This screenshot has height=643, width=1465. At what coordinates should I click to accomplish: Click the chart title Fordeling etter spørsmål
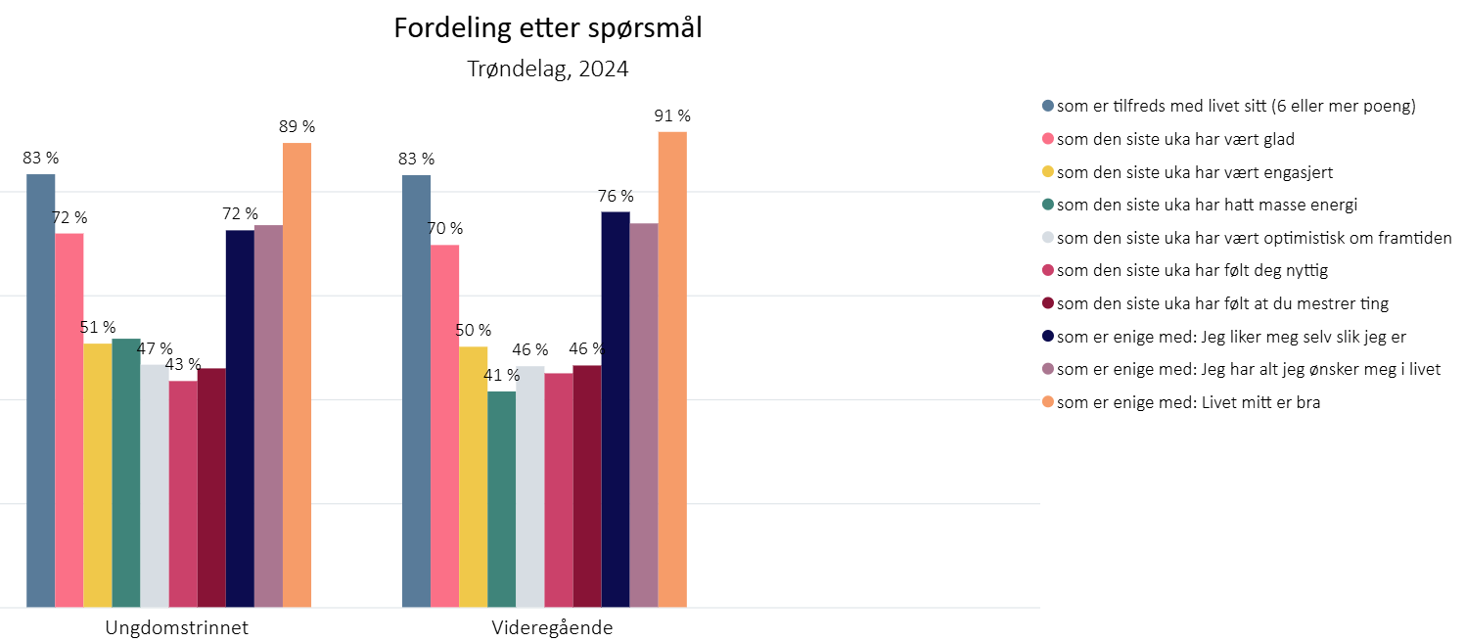pos(547,28)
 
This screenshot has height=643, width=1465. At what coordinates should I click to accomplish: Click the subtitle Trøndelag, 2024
pos(547,69)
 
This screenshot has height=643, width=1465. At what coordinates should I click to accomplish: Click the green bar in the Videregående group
pos(501,499)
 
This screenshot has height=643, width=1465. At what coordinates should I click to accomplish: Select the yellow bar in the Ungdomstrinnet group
pos(97,475)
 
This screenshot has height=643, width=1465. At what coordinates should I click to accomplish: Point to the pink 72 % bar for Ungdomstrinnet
pos(69,420)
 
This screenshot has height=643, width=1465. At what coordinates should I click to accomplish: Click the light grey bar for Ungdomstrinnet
pos(155,485)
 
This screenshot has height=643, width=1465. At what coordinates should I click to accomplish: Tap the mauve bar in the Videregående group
pos(644,415)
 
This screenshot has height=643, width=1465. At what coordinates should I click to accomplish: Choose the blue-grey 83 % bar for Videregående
pos(416,390)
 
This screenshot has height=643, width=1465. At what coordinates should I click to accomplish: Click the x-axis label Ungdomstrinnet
pos(176,628)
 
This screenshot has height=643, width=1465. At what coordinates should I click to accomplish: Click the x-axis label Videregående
pos(552,628)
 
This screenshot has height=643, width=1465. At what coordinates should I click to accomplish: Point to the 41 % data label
pos(501,375)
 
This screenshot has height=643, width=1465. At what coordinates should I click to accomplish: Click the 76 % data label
pos(616,196)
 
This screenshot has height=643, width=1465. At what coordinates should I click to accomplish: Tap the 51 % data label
pos(98,327)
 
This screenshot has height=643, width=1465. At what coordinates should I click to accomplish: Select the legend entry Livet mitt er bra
pos(1188,402)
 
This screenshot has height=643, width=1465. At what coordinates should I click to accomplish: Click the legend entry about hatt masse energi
pos(1207,205)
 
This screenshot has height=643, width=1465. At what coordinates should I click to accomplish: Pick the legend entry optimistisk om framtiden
pos(1254,238)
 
